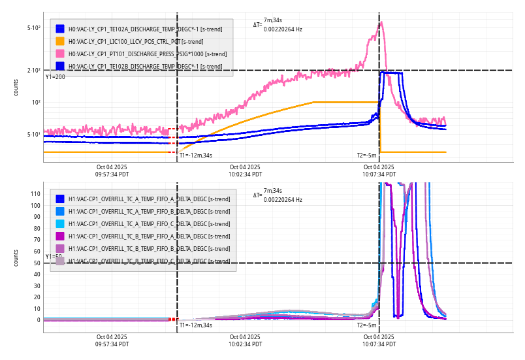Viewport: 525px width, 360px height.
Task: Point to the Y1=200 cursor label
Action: point(55,77)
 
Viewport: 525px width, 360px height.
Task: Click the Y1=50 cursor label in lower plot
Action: point(54,257)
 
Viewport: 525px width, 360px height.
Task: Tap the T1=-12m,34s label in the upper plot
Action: point(196,155)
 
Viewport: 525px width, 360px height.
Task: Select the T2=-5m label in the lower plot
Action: point(366,325)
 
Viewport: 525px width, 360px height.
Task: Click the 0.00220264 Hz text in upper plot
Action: point(283,29)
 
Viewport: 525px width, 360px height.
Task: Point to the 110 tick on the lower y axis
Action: point(35,194)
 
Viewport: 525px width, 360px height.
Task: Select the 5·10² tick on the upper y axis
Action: point(34,28)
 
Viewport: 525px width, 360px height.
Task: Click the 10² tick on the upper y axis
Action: point(35,103)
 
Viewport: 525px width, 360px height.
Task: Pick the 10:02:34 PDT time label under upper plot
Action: point(245,174)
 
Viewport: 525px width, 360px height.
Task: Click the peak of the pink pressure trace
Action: point(382,22)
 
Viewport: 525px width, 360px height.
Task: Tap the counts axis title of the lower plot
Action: point(16,257)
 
